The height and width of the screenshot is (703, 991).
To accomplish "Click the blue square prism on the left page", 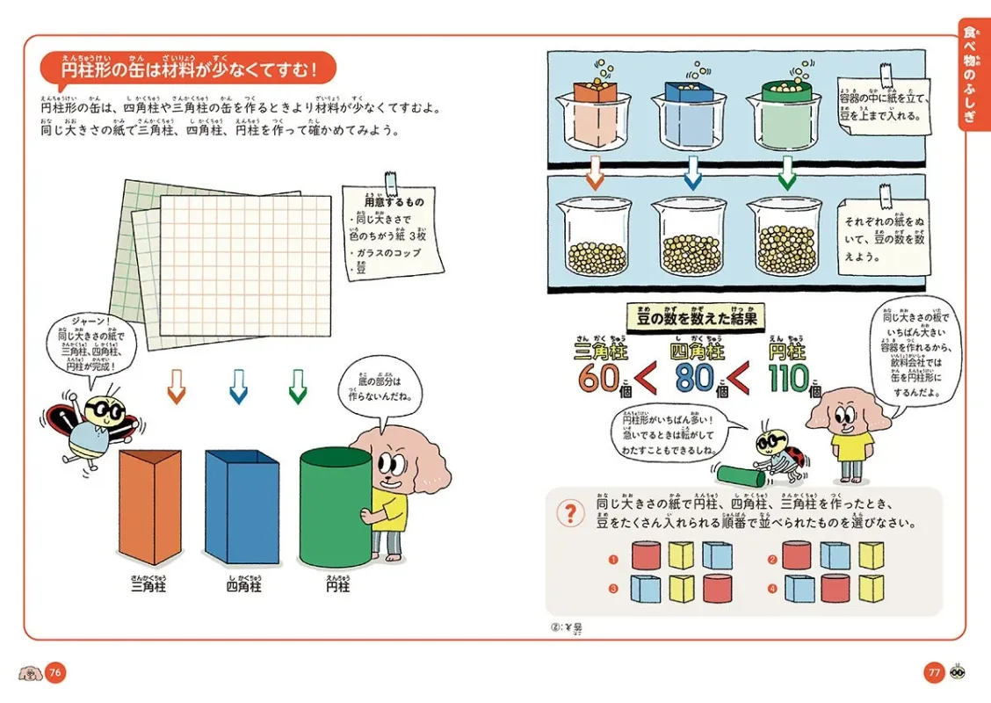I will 241,507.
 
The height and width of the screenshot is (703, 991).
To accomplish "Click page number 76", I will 55,673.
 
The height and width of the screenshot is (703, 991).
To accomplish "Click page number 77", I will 933,673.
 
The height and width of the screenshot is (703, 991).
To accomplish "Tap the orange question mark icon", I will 572,511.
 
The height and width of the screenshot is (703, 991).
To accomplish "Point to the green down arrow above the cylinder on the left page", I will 298,386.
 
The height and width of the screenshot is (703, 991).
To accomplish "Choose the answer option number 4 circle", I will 772,587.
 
